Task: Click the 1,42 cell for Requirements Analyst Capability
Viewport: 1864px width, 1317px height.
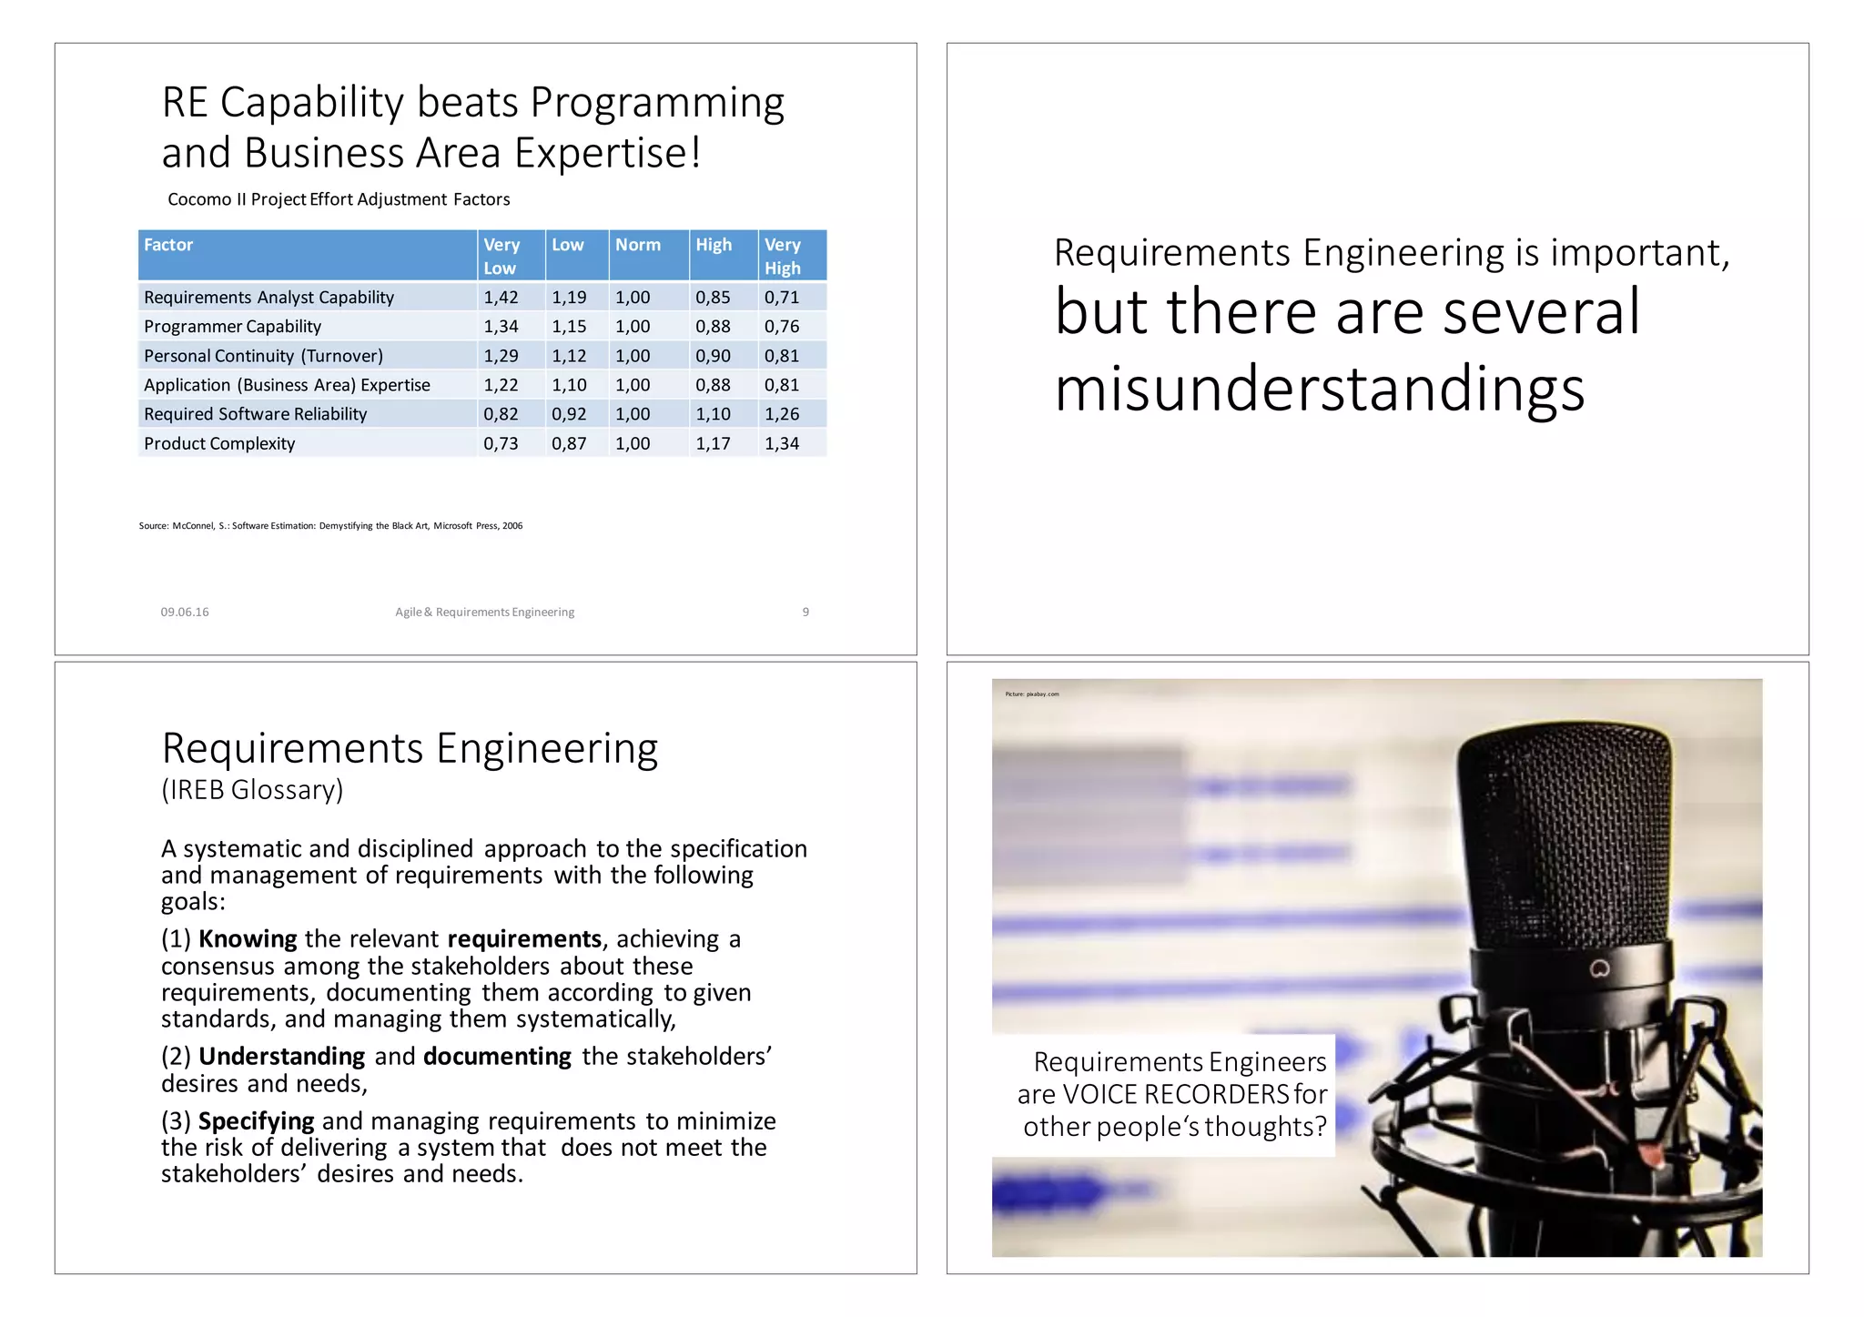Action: point(501,298)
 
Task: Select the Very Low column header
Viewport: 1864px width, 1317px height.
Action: point(501,256)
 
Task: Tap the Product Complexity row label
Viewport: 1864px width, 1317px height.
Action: point(219,443)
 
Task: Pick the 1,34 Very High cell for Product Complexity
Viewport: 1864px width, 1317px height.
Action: point(782,443)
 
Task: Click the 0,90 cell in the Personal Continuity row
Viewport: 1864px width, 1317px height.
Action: point(713,356)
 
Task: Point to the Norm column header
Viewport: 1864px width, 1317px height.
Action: point(638,245)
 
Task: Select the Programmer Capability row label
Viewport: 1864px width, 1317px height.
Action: point(232,327)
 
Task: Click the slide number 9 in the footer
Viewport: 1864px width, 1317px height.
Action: point(805,612)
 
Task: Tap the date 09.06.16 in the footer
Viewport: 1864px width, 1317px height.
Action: point(185,612)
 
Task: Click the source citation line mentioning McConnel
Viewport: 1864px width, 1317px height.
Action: point(330,526)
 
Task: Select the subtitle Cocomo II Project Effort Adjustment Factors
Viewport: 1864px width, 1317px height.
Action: point(339,199)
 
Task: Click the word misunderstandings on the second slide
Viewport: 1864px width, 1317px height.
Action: point(1319,389)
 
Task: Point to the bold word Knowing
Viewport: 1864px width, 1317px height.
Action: point(248,938)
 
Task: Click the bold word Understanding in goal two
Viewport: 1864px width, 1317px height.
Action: point(281,1056)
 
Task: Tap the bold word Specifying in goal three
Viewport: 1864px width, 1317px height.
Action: point(256,1120)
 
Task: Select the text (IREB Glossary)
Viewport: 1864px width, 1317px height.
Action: point(252,789)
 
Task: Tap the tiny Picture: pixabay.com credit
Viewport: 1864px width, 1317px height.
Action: point(1031,694)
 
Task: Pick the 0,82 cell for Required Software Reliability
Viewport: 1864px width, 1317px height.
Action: point(501,414)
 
